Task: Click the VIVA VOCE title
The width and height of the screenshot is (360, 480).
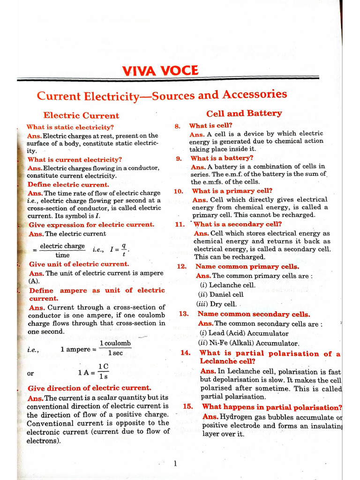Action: tap(160, 71)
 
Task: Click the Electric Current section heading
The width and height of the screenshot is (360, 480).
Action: tap(81, 115)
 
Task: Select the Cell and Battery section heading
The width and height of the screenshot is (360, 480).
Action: tap(244, 113)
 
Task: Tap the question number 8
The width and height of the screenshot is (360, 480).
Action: tap(177, 126)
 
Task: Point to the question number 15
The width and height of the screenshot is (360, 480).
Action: tap(188, 407)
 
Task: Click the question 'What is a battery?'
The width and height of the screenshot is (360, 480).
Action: tap(222, 158)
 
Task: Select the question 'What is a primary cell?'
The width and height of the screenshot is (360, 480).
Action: tap(232, 191)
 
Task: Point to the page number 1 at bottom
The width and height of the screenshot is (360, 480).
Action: tap(175, 464)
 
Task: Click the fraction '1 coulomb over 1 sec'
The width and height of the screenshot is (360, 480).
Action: tap(115, 348)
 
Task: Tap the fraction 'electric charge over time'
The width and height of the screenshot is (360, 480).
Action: tap(62, 250)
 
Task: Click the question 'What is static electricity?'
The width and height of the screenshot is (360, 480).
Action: tap(70, 127)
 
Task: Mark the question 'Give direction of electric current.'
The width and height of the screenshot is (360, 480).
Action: tap(90, 388)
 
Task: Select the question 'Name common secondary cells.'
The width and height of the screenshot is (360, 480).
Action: tap(254, 314)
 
